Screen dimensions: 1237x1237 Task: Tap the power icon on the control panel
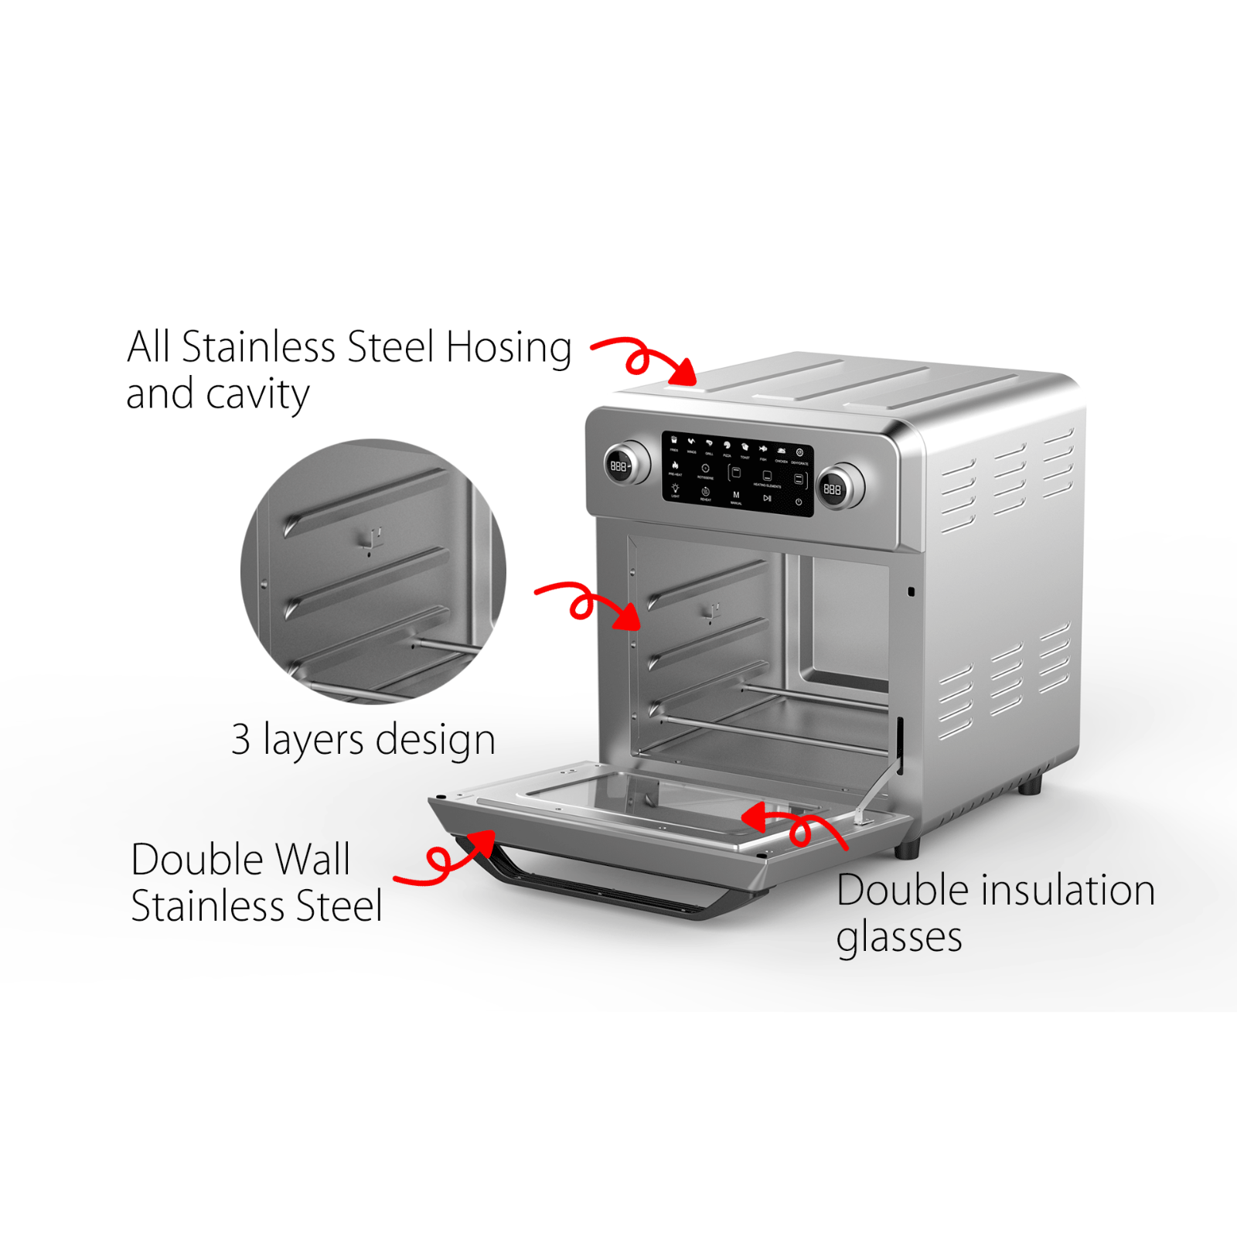799,502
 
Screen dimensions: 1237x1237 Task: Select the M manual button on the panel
736,495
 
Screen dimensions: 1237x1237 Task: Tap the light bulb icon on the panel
675,489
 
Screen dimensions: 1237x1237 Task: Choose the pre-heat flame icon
675,465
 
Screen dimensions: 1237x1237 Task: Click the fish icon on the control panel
763,448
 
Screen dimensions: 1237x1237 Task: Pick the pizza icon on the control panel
727,446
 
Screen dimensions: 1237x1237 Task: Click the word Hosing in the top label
509,347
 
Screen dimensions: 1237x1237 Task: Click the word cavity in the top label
258,395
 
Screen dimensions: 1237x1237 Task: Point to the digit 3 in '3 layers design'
241,739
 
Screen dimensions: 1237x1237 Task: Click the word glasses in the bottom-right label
899,938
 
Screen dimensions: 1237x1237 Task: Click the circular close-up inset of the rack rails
373,572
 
